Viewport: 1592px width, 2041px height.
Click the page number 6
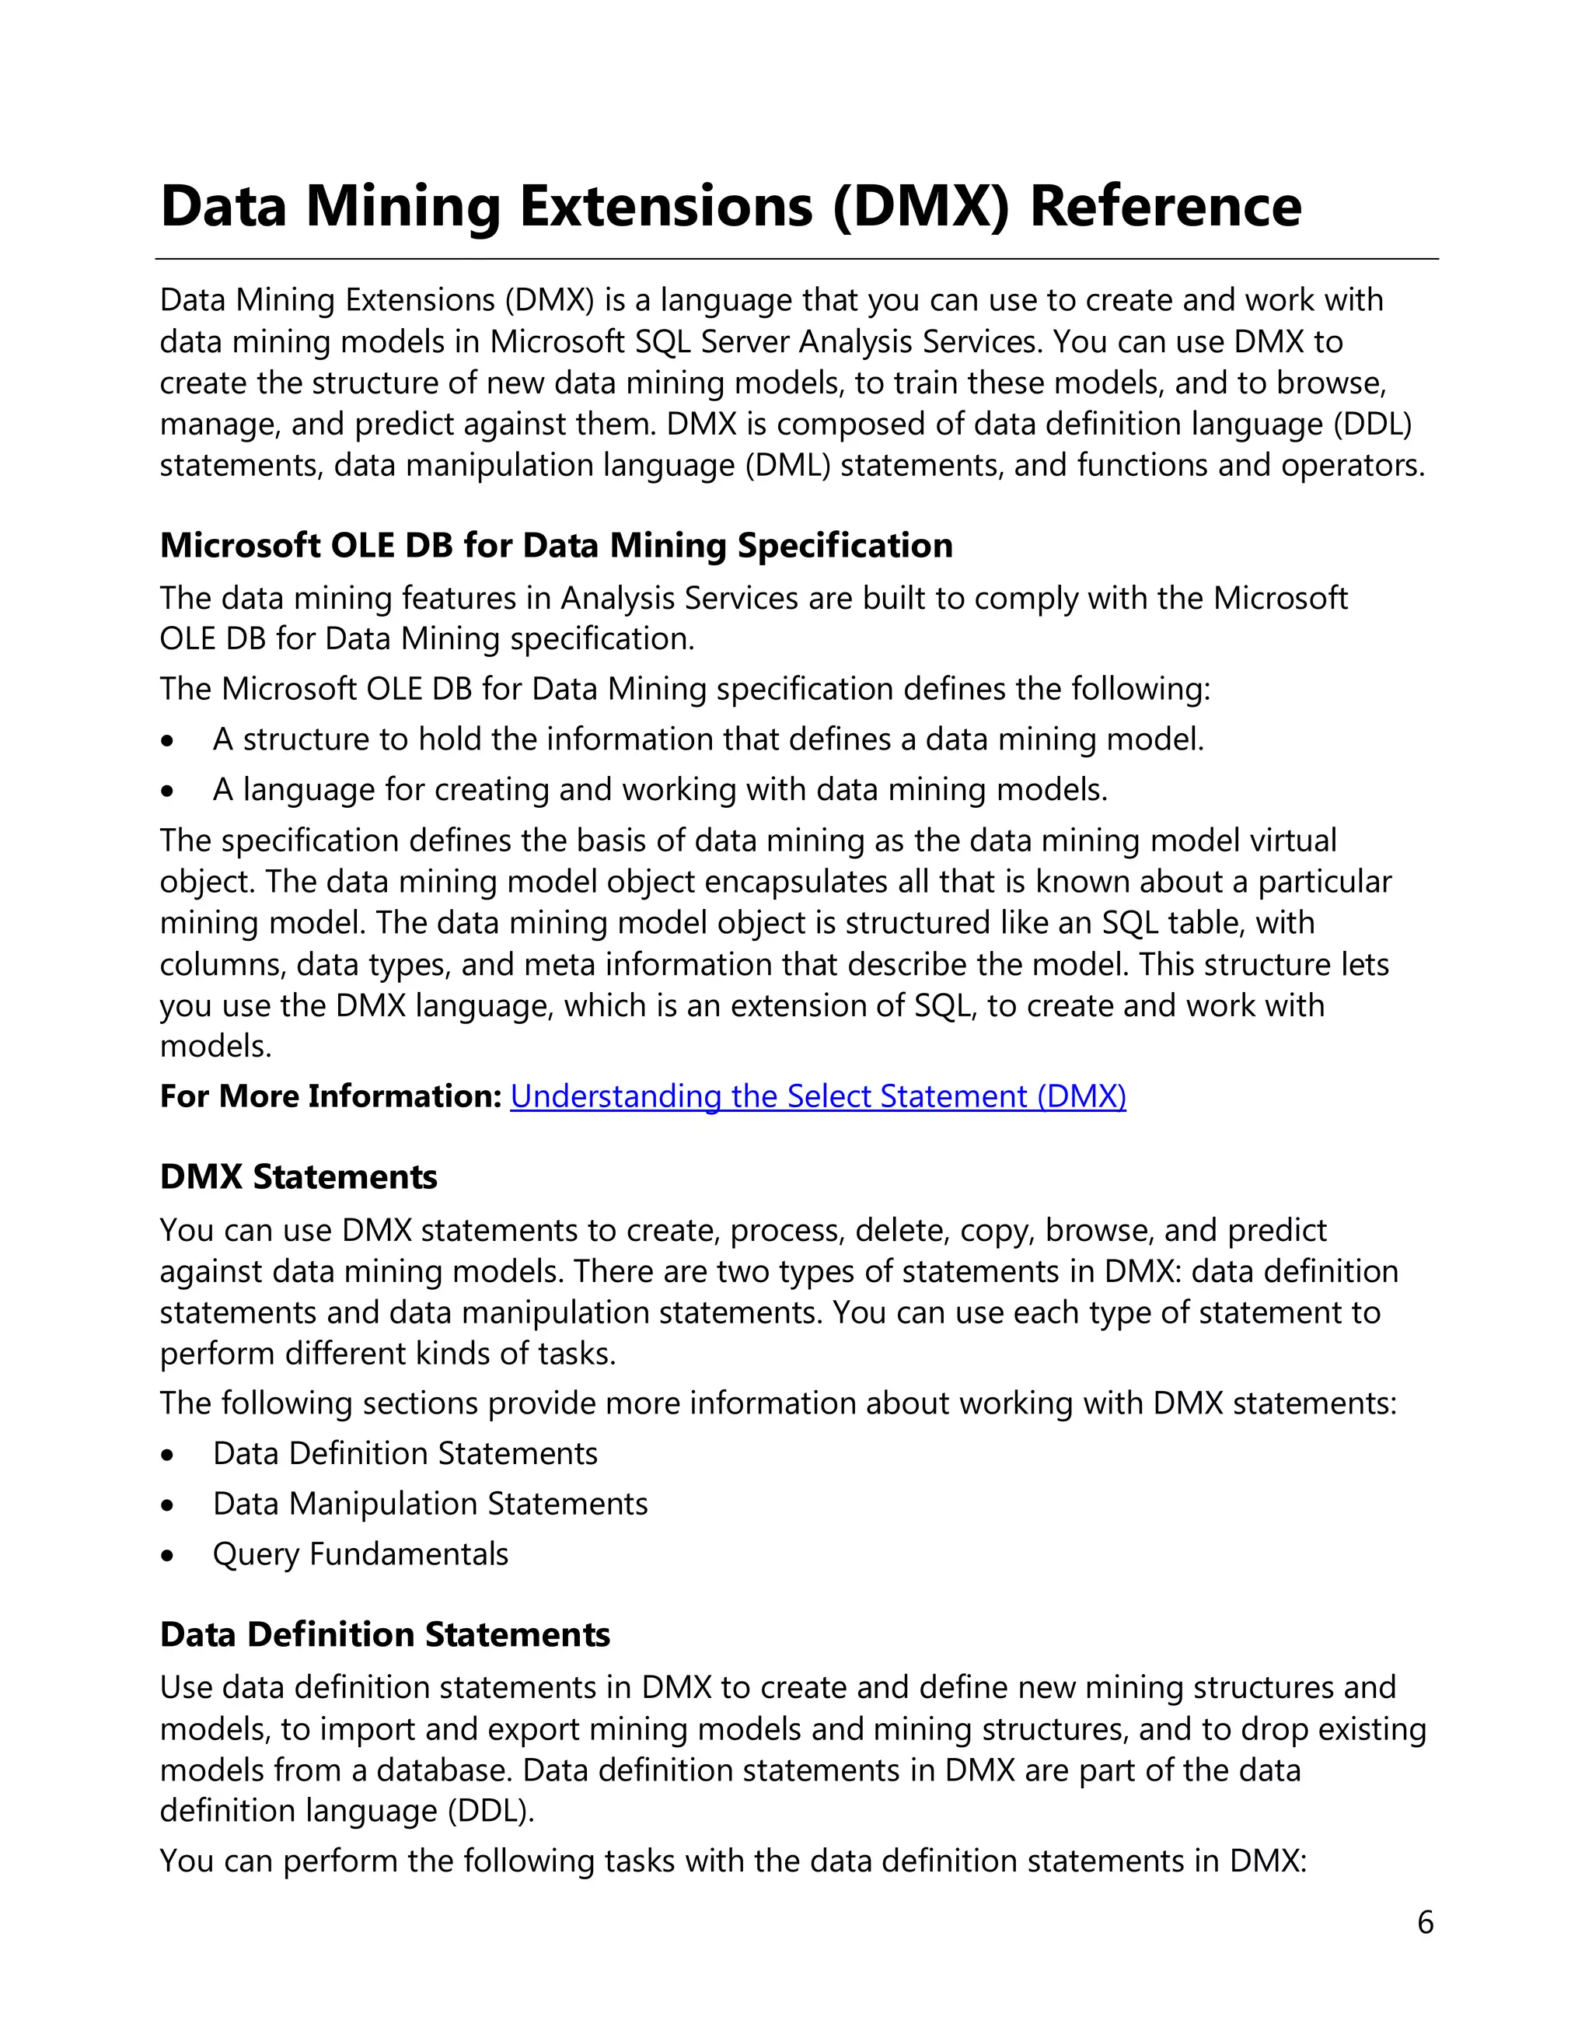coord(1425,1922)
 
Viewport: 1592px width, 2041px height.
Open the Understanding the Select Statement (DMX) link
coord(818,1096)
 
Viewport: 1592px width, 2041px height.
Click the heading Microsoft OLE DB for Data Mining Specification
coord(556,546)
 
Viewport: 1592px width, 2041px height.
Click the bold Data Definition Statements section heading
coord(385,1634)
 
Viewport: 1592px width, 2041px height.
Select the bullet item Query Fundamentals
coord(361,1554)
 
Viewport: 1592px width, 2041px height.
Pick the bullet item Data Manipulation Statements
coord(430,1504)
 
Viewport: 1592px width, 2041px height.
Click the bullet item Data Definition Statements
coord(404,1453)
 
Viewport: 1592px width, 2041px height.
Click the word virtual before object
coord(1292,841)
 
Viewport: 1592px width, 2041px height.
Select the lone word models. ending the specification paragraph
coord(216,1047)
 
